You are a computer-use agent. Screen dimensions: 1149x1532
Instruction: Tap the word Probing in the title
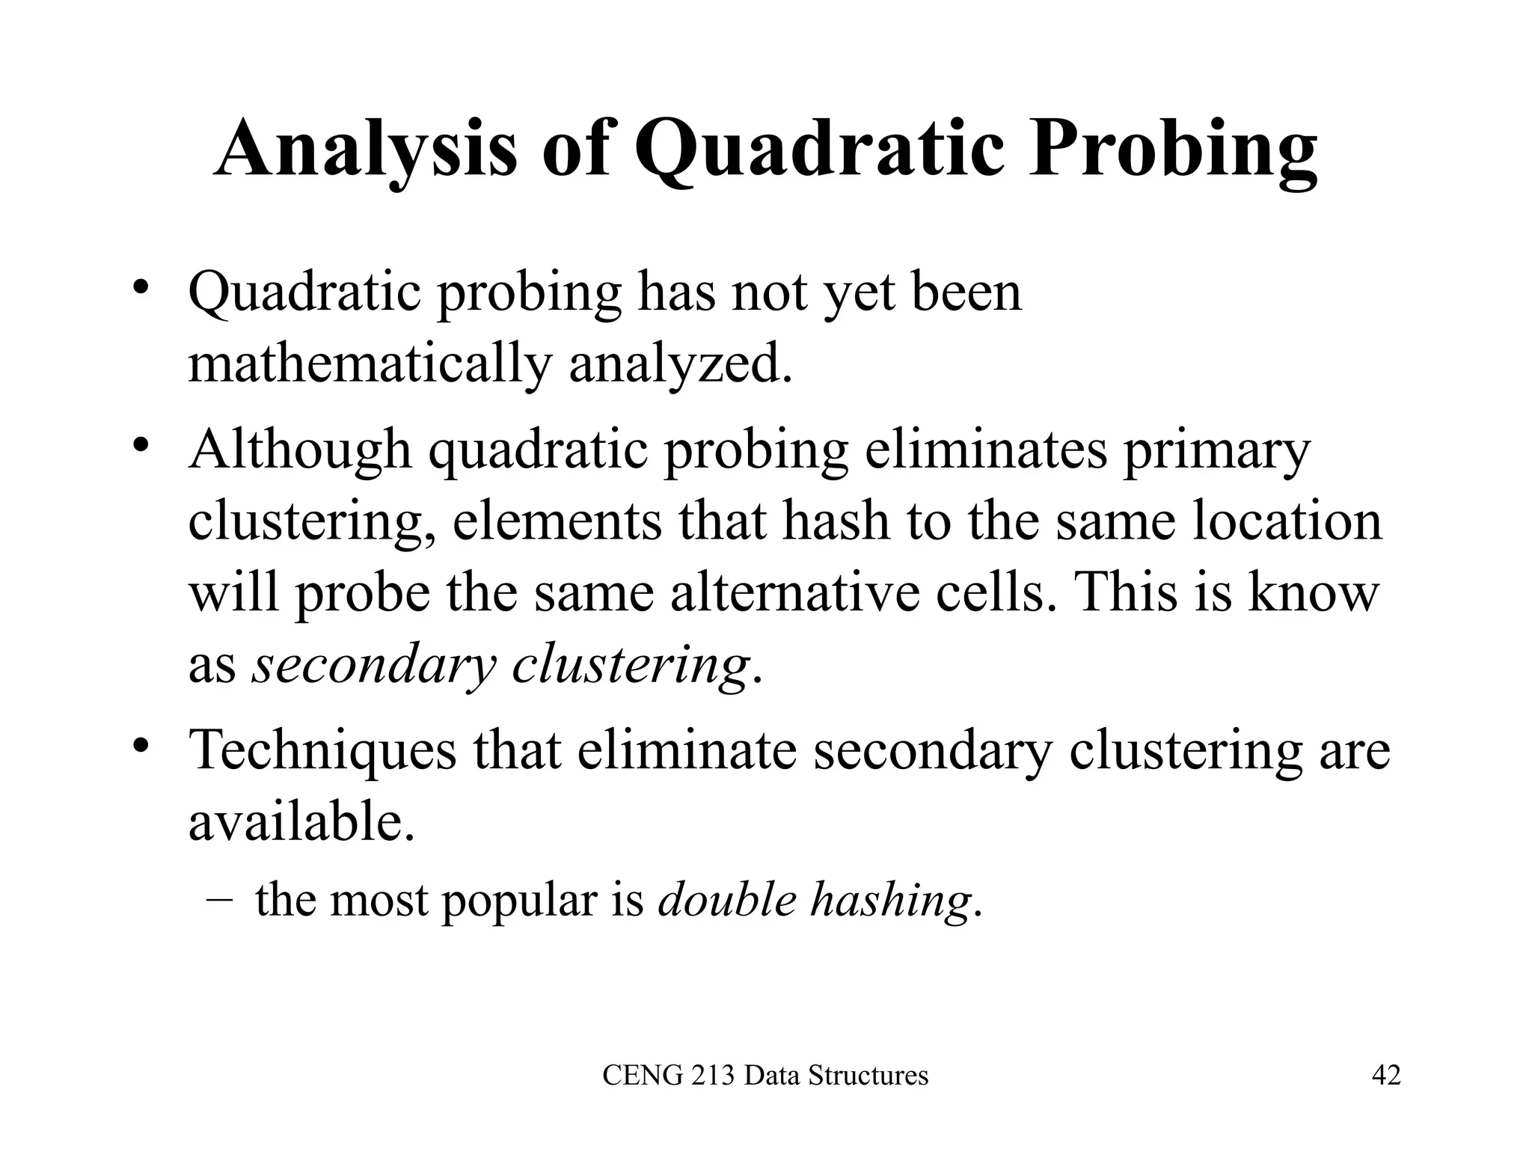[1172, 150]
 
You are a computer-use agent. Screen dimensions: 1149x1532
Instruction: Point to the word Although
[300, 450]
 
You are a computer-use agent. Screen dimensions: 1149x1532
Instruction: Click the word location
[1287, 521]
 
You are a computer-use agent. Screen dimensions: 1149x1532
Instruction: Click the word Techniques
[322, 750]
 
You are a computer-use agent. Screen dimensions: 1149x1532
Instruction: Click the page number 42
[1386, 1076]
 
